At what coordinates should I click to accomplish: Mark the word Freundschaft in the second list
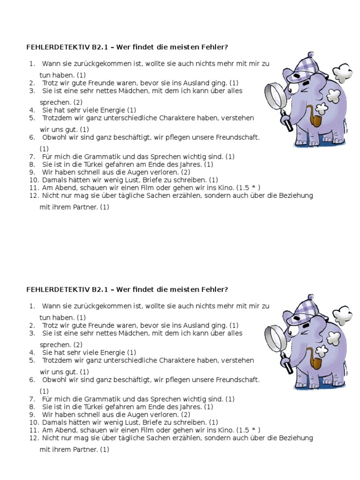point(237,380)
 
